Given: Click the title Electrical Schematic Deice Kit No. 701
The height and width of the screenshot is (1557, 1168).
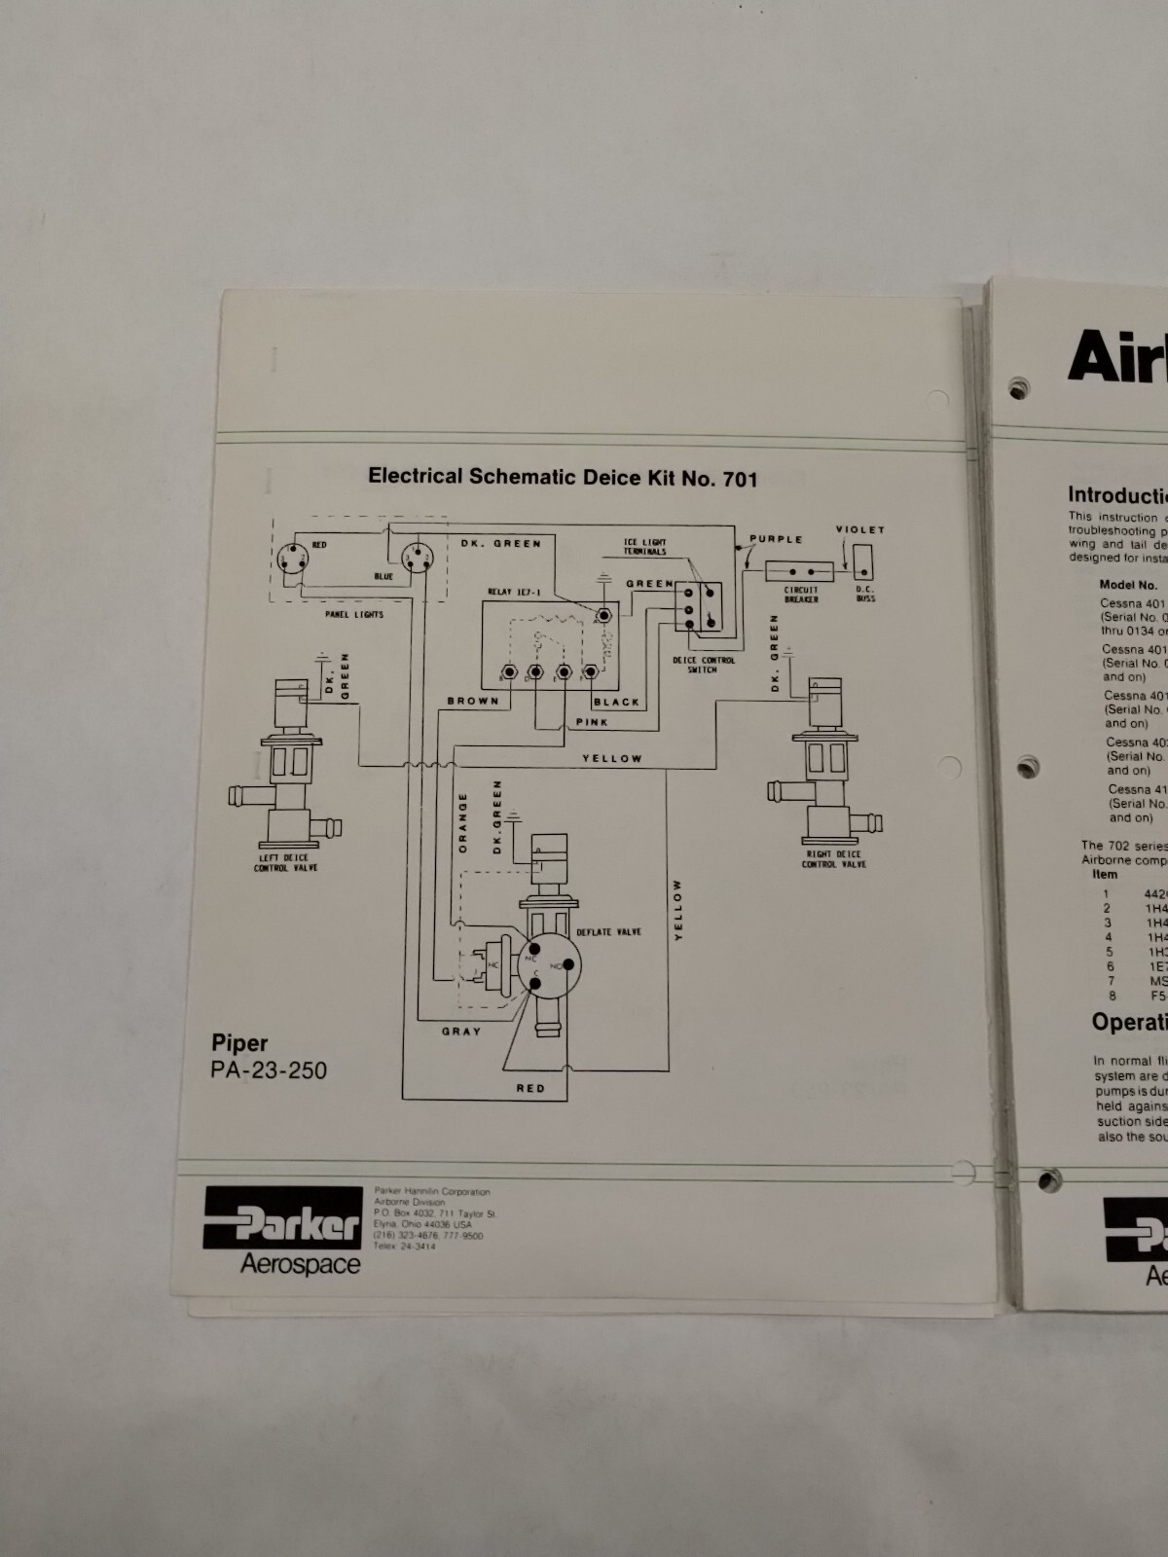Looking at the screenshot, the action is click(562, 477).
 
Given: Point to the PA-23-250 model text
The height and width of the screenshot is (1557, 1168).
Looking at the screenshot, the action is click(269, 1070).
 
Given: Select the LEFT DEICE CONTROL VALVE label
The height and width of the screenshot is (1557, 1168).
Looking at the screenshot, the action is click(285, 863).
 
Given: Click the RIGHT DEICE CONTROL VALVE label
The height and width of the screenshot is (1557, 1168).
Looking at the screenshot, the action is click(833, 859).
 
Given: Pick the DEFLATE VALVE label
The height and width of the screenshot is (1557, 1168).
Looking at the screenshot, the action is click(608, 932).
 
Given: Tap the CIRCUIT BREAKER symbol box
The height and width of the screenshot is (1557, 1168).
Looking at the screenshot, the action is click(799, 571).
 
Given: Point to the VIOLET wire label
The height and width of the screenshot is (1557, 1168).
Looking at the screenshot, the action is click(859, 530).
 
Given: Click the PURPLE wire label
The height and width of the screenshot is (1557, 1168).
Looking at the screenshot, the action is click(776, 539).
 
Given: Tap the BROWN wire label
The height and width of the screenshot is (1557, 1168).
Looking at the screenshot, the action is click(473, 701).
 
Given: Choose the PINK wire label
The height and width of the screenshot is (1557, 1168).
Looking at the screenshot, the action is click(592, 722).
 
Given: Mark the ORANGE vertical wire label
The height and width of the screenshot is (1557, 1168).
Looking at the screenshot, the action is click(463, 823).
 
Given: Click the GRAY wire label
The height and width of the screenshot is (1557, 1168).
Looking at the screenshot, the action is click(461, 1032).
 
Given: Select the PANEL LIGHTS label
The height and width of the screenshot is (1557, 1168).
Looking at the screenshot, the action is click(354, 615).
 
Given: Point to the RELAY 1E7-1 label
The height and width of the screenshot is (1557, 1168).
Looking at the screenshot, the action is click(514, 592).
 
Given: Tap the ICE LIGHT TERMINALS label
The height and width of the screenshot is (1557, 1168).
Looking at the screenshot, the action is click(645, 547).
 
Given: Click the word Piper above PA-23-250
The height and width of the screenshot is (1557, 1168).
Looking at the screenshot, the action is click(239, 1044).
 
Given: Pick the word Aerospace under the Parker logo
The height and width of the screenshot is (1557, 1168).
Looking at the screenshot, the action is click(300, 1265).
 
